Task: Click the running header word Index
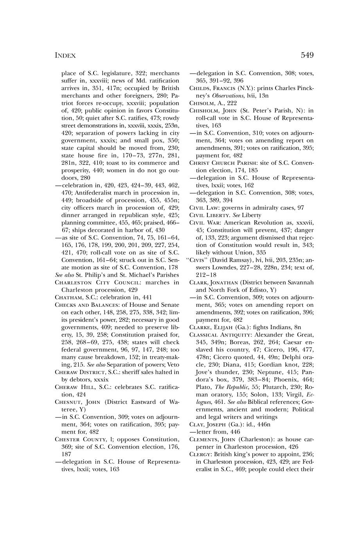pyautogui.click(x=65, y=56)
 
